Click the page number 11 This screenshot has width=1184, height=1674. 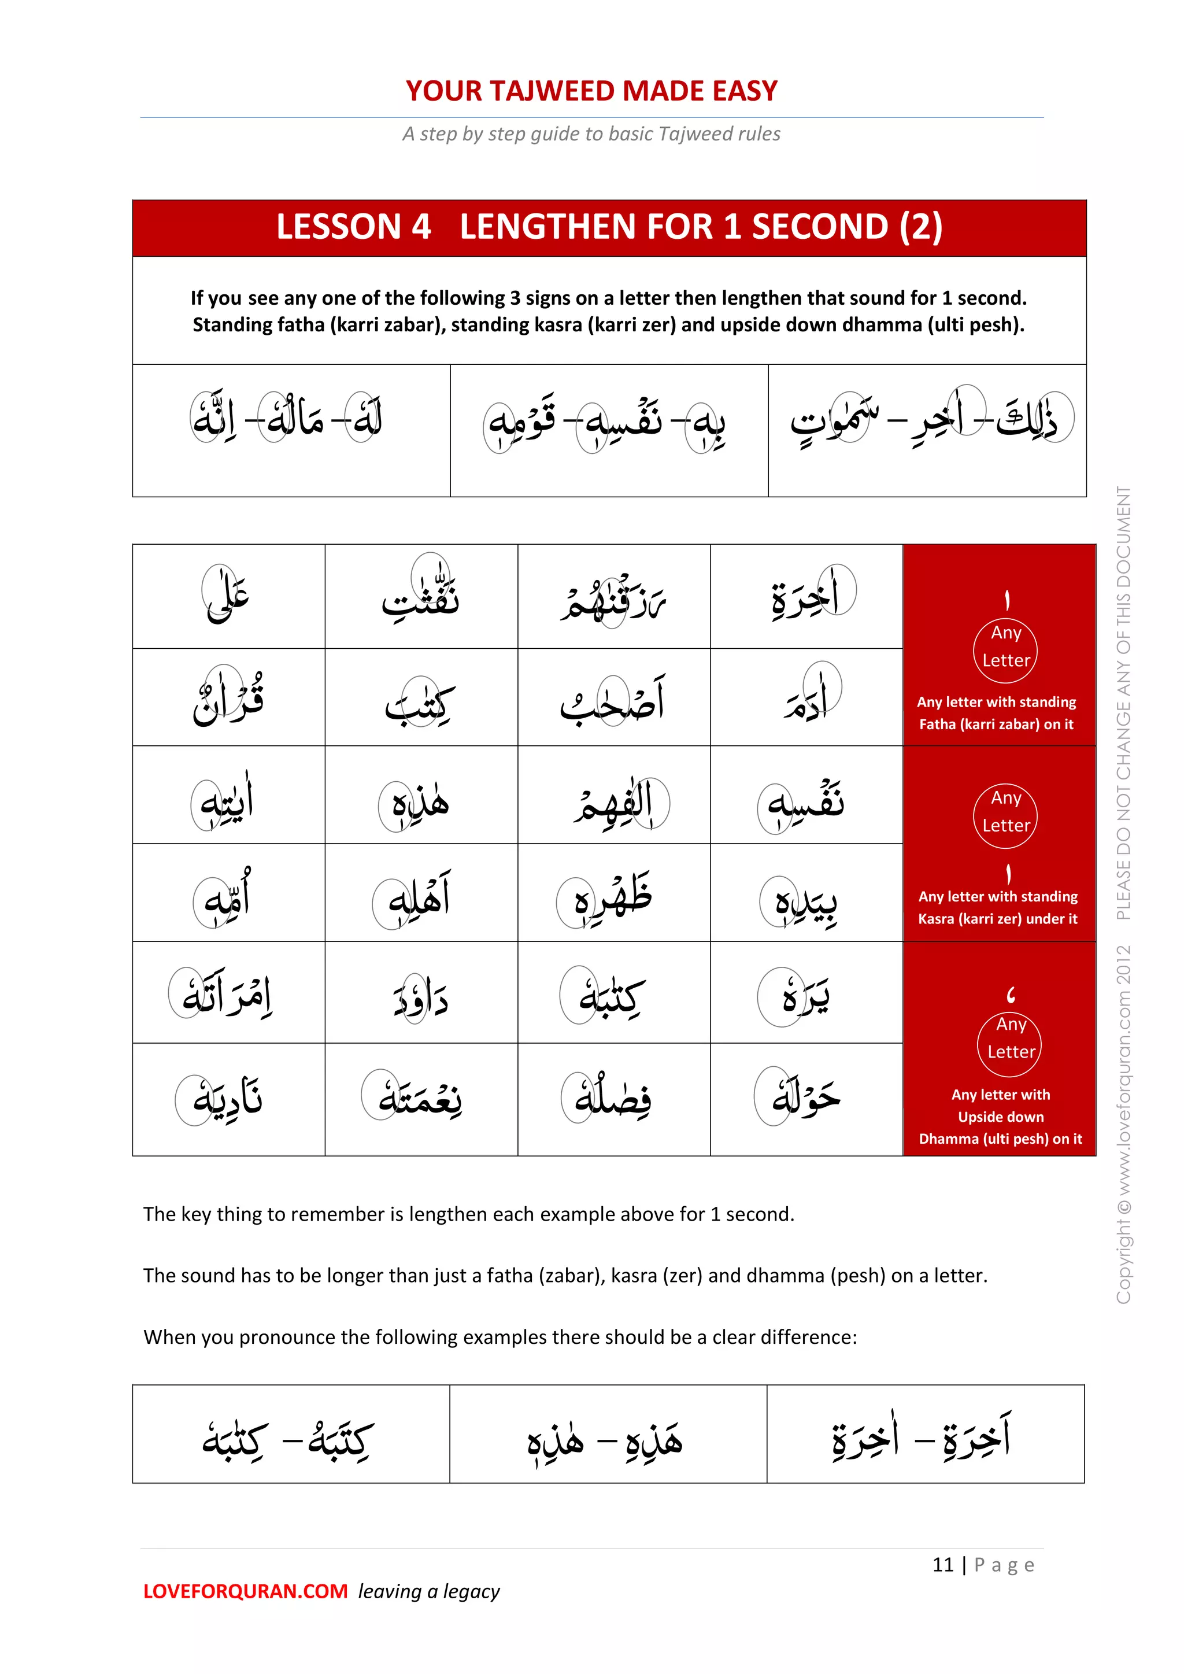pos(943,1565)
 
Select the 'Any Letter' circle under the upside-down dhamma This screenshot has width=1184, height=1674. pos(1011,1039)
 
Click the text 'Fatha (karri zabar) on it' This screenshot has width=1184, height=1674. pos(996,724)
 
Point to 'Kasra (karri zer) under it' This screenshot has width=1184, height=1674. pos(997,919)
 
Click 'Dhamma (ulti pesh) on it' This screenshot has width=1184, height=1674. pos(1000,1139)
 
